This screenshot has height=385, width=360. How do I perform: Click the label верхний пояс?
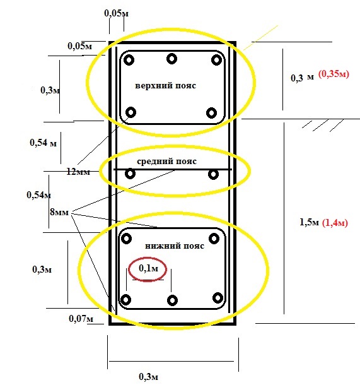166,86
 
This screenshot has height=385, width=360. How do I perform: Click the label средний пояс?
166,162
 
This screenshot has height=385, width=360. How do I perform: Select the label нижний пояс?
175,246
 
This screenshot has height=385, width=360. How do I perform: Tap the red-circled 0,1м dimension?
148,268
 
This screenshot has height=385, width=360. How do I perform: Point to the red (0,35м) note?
334,74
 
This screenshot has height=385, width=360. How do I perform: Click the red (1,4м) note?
335,223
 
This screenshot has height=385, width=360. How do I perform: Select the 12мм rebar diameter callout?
78,172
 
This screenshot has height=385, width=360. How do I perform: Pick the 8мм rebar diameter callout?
59,212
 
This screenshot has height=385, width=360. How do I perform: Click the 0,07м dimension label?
81,319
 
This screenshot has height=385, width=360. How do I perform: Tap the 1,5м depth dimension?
309,222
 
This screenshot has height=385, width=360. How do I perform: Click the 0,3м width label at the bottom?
148,377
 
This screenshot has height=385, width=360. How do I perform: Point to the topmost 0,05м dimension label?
116,13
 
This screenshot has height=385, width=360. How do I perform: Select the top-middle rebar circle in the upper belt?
171,59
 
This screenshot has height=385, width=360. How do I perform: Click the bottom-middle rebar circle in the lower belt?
172,300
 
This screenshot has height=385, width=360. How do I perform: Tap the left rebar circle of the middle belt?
130,174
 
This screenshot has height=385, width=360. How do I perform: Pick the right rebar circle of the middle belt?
213,174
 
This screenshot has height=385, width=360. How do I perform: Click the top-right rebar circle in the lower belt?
214,239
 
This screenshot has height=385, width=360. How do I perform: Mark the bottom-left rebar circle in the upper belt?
131,112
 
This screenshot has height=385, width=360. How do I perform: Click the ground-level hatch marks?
322,125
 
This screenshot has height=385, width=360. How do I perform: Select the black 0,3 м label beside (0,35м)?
302,78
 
